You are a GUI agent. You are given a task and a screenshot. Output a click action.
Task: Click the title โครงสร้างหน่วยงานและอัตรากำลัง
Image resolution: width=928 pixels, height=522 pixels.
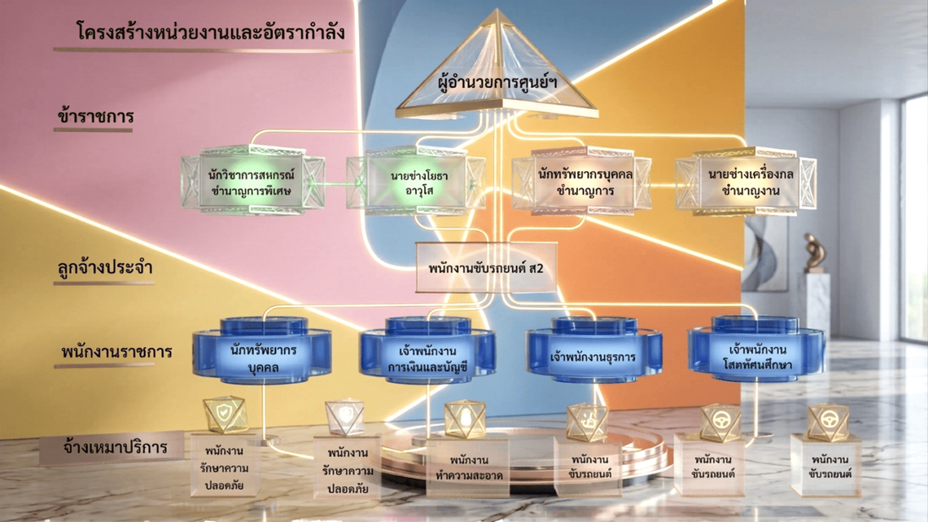pyautogui.click(x=211, y=31)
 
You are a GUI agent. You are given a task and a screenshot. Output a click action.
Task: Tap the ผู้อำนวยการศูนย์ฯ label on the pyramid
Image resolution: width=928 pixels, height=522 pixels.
pyautogui.click(x=497, y=82)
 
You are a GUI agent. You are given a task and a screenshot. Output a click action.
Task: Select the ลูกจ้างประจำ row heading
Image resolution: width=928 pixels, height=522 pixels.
pyautogui.click(x=105, y=267)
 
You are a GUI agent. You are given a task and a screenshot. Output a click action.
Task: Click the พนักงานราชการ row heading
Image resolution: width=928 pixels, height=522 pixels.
pyautogui.click(x=116, y=352)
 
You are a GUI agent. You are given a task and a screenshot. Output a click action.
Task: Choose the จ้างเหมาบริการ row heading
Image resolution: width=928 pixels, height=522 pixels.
pyautogui.click(x=115, y=447)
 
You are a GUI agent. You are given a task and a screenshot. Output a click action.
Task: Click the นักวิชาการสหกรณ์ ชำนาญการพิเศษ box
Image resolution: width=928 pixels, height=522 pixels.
pyautogui.click(x=252, y=182)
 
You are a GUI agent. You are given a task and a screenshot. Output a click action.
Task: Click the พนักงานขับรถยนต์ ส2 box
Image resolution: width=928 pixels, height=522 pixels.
pyautogui.click(x=486, y=267)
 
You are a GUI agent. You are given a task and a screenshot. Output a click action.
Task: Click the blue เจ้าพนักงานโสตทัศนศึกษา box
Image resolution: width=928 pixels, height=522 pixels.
pyautogui.click(x=756, y=350)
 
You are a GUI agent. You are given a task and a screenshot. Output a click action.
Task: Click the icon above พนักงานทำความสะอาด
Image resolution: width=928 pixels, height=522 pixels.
pyautogui.click(x=465, y=419)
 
